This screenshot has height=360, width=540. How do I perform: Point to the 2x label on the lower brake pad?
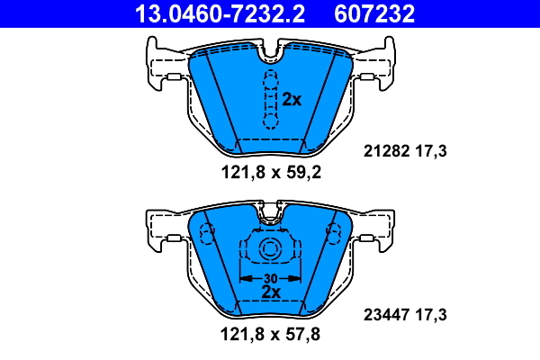(270, 292)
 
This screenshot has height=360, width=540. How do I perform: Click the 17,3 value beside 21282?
(430, 152)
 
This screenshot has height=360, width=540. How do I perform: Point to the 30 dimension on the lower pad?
(270, 278)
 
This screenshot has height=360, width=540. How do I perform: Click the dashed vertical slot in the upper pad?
(269, 99)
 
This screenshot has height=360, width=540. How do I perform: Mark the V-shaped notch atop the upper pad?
(269, 57)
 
